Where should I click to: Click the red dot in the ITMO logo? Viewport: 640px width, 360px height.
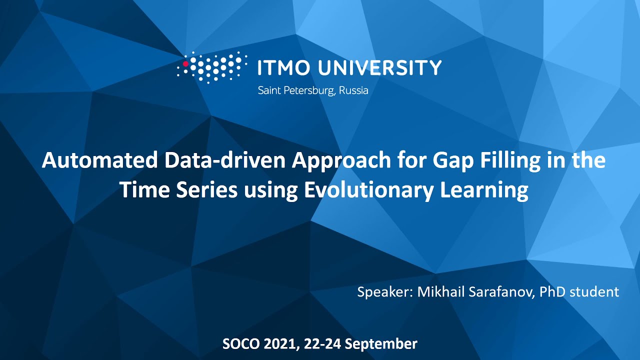[x=185, y=64]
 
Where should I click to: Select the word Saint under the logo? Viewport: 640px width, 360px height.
[x=268, y=91]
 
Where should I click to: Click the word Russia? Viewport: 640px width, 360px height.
[x=353, y=91]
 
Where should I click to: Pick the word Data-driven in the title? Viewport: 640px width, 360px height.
[x=223, y=160]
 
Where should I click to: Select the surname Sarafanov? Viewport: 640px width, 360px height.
[x=501, y=291]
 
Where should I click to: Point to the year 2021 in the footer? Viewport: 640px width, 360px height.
[x=277, y=344]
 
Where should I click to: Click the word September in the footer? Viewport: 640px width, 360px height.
[x=381, y=344]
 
